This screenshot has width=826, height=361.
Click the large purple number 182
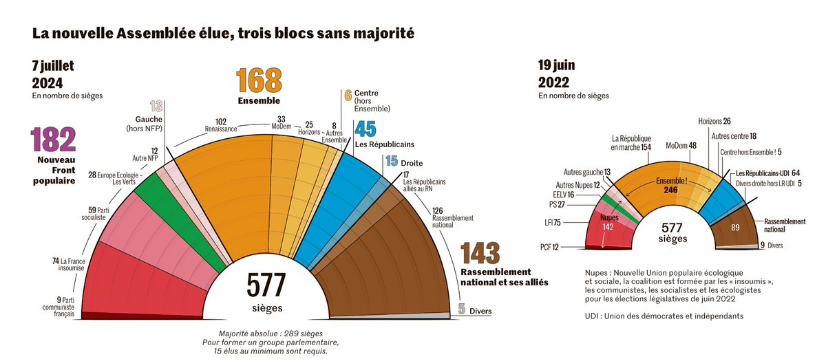tap(53, 140)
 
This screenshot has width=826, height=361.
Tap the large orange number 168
tap(260, 81)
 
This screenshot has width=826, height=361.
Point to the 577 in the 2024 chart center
tap(266, 283)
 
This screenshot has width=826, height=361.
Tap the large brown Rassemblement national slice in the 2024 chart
tap(385, 268)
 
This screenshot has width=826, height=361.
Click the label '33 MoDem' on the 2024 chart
tap(281, 122)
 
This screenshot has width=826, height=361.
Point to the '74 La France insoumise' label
tap(67, 265)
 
